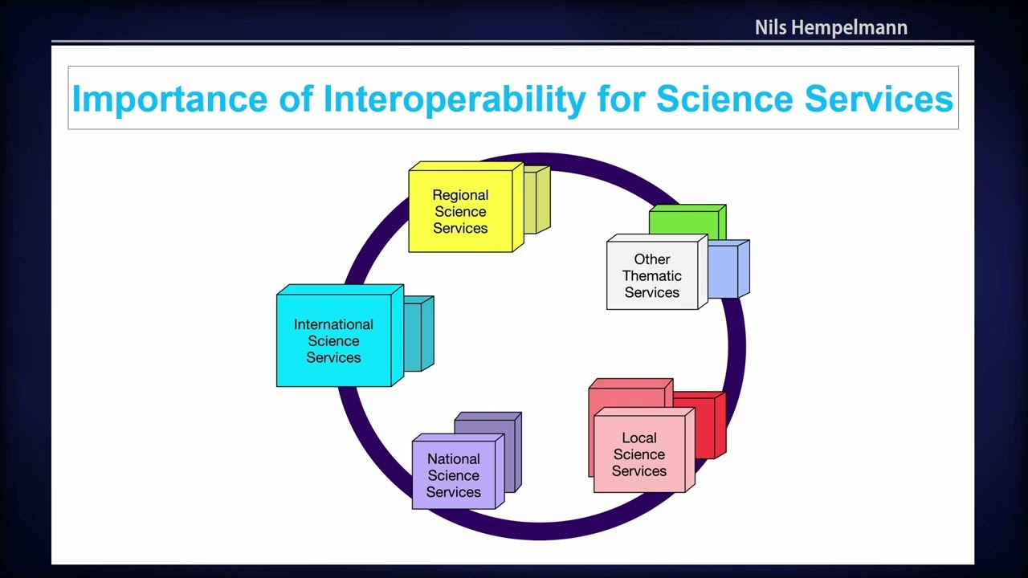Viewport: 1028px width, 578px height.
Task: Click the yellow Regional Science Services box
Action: pos(460,211)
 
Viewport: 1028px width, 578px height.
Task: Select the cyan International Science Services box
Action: pos(333,341)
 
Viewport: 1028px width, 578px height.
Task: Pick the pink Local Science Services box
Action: pos(639,454)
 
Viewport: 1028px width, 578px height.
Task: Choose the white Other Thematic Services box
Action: pos(652,275)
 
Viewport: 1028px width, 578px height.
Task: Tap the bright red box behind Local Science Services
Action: pos(707,425)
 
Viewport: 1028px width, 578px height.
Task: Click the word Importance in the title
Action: pos(169,99)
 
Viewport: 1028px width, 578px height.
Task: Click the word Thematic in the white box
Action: pos(652,275)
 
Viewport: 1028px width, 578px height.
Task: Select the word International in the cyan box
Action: pos(333,324)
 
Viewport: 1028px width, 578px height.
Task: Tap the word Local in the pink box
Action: pos(639,438)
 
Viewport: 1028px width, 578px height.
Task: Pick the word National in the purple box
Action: pos(454,459)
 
